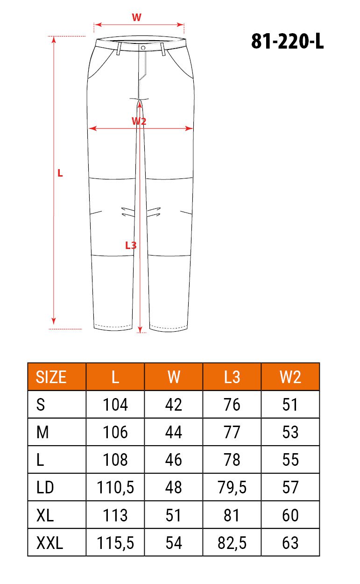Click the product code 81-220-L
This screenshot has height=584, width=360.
pyautogui.click(x=287, y=41)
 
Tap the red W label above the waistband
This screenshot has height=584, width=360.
pyautogui.click(x=136, y=17)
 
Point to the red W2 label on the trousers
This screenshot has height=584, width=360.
pyautogui.click(x=139, y=121)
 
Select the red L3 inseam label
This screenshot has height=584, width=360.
pyautogui.click(x=131, y=245)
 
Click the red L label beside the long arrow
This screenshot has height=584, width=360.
pyautogui.click(x=60, y=173)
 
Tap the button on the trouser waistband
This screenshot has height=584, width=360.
pyautogui.click(x=143, y=48)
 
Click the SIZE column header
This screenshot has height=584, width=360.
pyautogui.click(x=51, y=377)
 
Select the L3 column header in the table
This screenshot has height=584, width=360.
pyautogui.click(x=232, y=377)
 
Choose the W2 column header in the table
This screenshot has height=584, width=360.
pyautogui.click(x=290, y=377)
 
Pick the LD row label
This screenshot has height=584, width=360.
pyautogui.click(x=45, y=487)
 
